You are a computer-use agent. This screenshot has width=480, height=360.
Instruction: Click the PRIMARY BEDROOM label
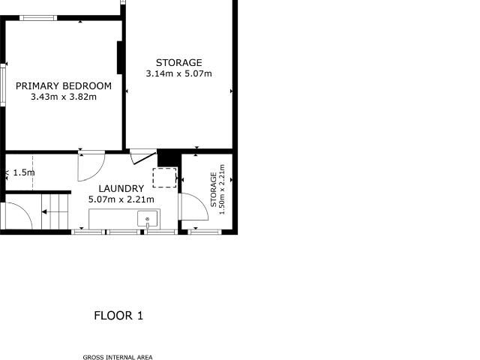click(64, 86)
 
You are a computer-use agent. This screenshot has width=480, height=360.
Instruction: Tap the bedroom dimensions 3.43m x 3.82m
click(64, 97)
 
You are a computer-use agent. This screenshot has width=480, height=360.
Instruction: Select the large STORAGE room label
click(178, 63)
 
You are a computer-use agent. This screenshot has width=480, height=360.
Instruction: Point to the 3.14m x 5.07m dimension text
click(178, 73)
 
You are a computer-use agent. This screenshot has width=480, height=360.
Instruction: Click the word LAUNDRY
click(121, 189)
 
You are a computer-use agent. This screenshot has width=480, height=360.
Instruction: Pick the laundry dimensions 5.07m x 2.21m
click(121, 199)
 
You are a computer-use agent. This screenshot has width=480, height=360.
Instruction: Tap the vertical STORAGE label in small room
click(214, 190)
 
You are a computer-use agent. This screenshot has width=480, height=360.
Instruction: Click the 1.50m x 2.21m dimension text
click(222, 190)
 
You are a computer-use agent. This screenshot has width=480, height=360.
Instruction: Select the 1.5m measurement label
click(24, 172)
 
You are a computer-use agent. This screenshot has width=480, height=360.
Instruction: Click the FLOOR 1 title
click(118, 316)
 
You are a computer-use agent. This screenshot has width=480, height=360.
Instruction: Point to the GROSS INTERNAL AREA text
click(118, 357)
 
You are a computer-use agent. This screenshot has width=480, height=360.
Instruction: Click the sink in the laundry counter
click(148, 219)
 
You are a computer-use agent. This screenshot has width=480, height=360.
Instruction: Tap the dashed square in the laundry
click(164, 178)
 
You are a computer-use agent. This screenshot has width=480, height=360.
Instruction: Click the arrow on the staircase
click(46, 212)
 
